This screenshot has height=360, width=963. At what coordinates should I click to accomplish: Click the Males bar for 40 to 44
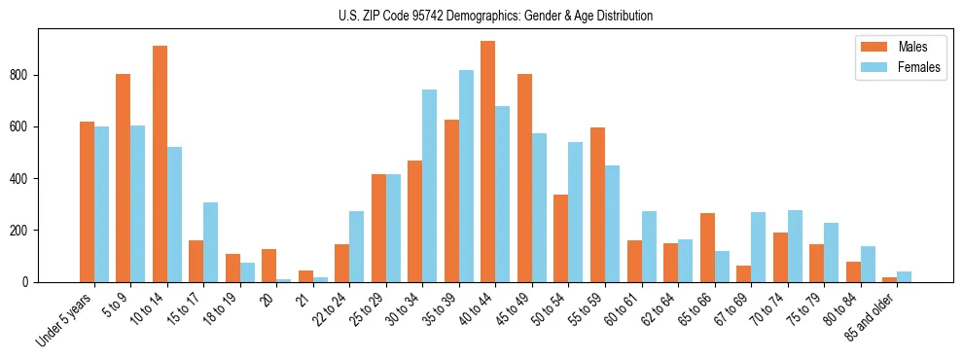(x=488, y=162)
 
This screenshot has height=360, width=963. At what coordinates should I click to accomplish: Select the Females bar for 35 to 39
(x=466, y=176)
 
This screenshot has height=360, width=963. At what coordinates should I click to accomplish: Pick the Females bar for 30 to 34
(x=430, y=186)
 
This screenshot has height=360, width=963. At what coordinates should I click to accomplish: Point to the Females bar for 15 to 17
(x=211, y=242)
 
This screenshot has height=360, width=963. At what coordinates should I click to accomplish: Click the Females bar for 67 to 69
(x=758, y=247)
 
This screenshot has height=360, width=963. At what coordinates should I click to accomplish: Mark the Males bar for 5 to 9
(x=124, y=178)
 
